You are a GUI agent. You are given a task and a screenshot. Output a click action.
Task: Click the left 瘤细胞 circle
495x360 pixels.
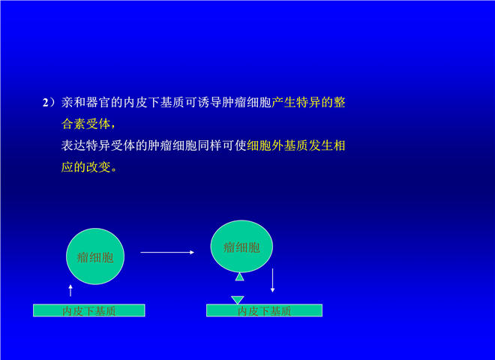(95, 256)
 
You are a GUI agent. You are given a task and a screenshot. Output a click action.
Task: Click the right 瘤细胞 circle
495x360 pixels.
(241, 246)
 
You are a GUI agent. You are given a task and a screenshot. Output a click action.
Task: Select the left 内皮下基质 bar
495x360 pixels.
(89, 310)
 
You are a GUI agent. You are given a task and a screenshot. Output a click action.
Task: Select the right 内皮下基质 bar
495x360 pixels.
(264, 310)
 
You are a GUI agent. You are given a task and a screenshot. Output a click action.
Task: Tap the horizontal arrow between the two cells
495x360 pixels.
(167, 252)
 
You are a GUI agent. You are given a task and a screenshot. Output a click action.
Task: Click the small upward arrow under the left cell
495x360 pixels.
(70, 290)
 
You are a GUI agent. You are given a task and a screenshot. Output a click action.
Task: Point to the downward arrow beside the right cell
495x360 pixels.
(272, 280)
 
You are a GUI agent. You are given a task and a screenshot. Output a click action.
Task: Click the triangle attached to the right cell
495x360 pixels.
(239, 277)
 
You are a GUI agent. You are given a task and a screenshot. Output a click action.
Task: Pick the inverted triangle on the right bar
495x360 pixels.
(238, 300)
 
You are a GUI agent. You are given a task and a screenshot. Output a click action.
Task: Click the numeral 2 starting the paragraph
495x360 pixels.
(46, 103)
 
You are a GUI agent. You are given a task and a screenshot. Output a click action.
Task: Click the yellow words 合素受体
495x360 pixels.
(85, 124)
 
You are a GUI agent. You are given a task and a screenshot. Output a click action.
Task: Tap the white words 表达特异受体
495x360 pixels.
(97, 145)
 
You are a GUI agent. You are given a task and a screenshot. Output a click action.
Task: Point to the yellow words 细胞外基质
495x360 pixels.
(277, 145)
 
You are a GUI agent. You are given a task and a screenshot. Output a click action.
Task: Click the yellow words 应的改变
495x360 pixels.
(85, 167)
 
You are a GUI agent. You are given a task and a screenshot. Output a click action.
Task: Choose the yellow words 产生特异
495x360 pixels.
(295, 103)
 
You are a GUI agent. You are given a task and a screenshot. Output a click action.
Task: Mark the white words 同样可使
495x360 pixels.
(222, 145)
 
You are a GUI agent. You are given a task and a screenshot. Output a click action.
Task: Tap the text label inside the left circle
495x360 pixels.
(95, 257)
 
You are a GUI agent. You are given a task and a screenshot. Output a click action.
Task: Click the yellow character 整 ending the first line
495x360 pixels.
(339, 103)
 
